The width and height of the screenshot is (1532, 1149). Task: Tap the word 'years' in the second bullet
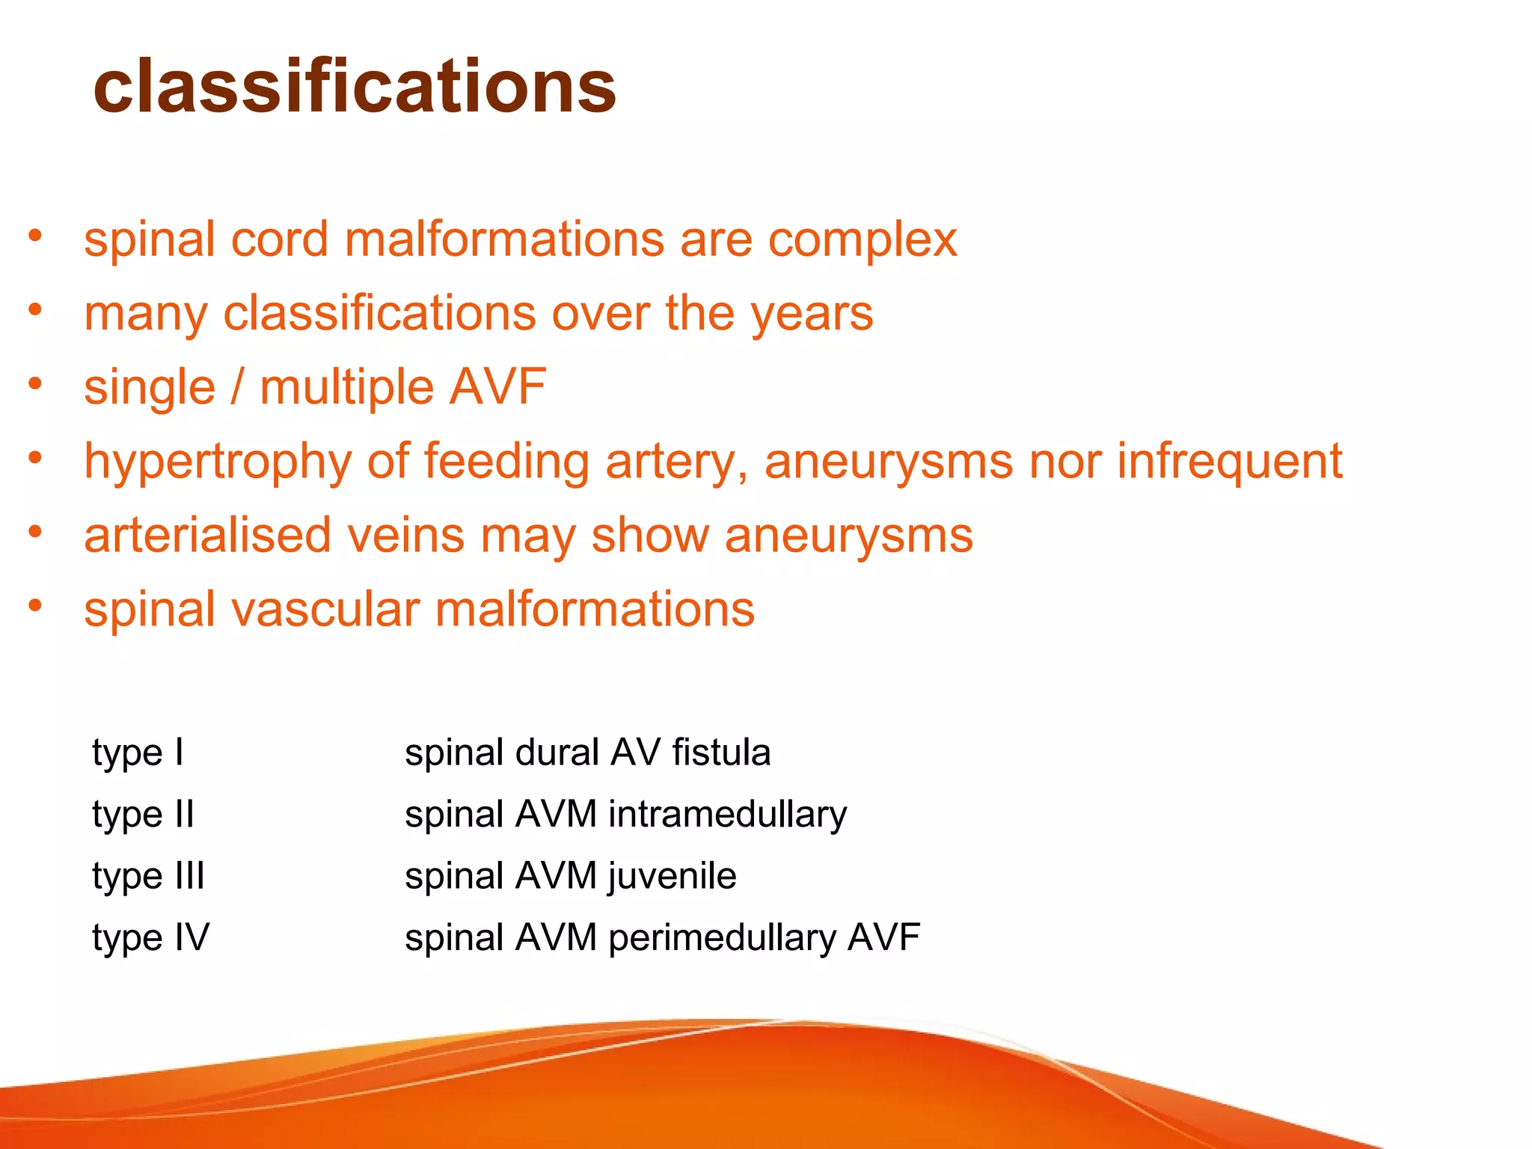(812, 314)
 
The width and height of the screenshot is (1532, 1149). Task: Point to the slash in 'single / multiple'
(238, 387)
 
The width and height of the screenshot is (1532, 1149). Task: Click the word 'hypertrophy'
(217, 462)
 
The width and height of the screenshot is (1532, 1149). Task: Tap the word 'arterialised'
(207, 536)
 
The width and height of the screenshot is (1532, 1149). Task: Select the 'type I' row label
(138, 753)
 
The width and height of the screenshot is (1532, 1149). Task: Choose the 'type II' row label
(143, 815)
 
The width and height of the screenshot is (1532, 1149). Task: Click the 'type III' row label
(148, 876)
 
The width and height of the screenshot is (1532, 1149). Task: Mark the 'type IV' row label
(150, 938)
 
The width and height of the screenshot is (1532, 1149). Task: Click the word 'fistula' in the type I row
(721, 753)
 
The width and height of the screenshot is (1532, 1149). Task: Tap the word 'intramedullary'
(727, 815)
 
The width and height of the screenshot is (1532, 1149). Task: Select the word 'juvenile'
(672, 876)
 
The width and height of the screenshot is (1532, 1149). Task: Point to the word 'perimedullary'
(722, 938)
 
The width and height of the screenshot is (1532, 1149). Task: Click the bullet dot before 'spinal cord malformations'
(35, 236)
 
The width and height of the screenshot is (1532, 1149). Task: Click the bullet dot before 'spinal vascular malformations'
(35, 606)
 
